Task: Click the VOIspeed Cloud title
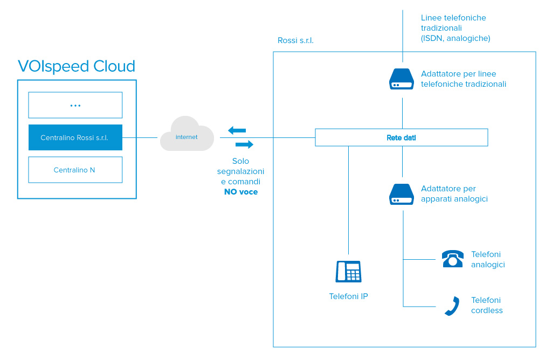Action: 76,66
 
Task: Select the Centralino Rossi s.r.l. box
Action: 75,137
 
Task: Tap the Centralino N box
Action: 75,170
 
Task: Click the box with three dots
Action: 75,105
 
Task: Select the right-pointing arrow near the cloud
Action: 244,144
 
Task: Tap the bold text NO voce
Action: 241,191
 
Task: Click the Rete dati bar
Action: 401,137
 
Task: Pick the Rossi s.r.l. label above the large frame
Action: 295,40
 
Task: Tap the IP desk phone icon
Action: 348,271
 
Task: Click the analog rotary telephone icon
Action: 452,259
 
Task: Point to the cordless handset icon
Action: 452,306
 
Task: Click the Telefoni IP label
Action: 348,296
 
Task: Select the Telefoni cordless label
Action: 487,305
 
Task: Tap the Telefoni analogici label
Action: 488,259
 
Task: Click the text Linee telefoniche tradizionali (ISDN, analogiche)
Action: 455,28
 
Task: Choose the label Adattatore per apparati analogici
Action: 454,194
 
